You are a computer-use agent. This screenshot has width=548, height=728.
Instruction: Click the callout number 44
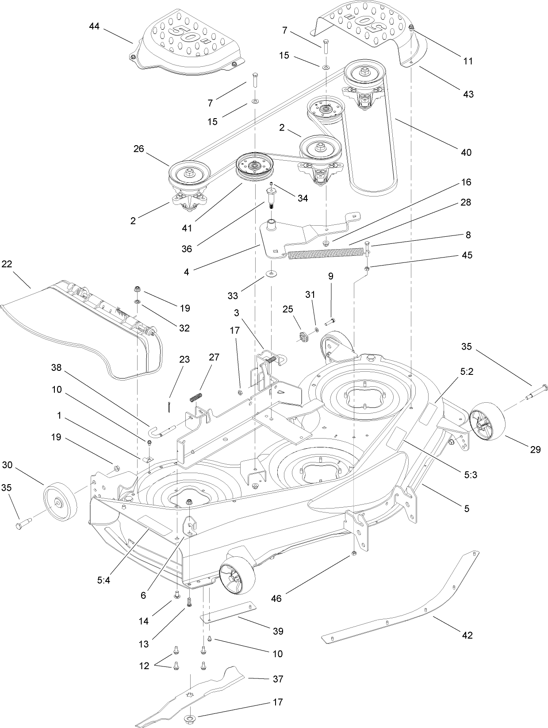click(x=94, y=27)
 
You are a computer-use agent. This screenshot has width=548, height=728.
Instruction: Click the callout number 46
click(x=276, y=598)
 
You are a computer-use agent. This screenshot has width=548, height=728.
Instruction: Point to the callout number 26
click(x=139, y=149)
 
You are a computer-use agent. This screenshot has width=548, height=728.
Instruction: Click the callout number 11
click(x=468, y=61)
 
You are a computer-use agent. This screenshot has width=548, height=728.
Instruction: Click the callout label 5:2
click(x=467, y=372)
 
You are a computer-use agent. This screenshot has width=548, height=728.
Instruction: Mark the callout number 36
click(x=187, y=249)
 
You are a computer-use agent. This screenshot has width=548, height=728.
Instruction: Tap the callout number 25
click(x=288, y=309)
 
